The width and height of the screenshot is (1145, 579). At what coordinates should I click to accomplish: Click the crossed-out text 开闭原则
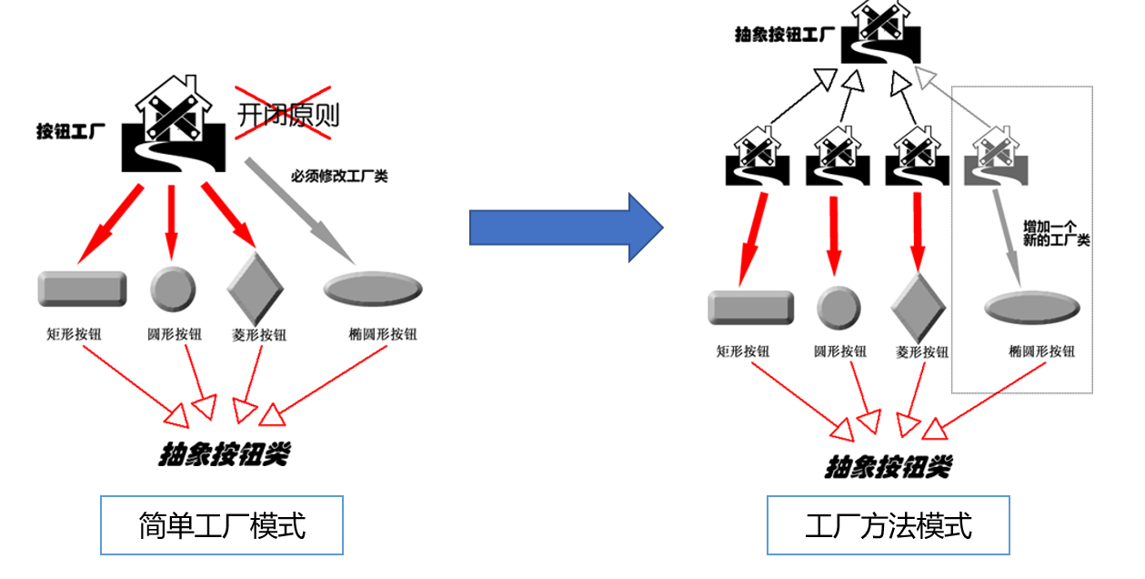click(x=287, y=115)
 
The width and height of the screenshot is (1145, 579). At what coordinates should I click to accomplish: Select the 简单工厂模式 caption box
click(x=222, y=525)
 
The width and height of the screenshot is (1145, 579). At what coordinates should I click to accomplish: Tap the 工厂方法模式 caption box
click(x=889, y=525)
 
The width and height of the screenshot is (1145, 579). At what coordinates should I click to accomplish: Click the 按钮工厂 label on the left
click(x=71, y=131)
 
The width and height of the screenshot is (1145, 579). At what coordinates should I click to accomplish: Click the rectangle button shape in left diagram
click(x=82, y=289)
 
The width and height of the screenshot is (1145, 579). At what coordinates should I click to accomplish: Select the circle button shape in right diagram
click(x=839, y=308)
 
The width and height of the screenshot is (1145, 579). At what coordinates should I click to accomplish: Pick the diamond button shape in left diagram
click(x=256, y=285)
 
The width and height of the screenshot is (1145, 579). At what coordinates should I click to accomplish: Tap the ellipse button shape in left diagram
click(x=373, y=289)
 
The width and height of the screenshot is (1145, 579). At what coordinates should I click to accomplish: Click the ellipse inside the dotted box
click(x=1032, y=307)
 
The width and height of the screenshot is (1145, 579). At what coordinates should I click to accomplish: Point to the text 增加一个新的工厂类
click(x=1056, y=233)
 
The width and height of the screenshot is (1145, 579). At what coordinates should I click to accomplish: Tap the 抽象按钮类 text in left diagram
click(x=224, y=453)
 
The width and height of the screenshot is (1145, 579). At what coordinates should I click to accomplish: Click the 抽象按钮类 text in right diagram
click(x=888, y=466)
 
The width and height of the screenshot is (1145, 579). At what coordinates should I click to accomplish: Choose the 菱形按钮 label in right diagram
click(x=922, y=352)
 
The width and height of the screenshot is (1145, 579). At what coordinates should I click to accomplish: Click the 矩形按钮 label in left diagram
click(x=74, y=334)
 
